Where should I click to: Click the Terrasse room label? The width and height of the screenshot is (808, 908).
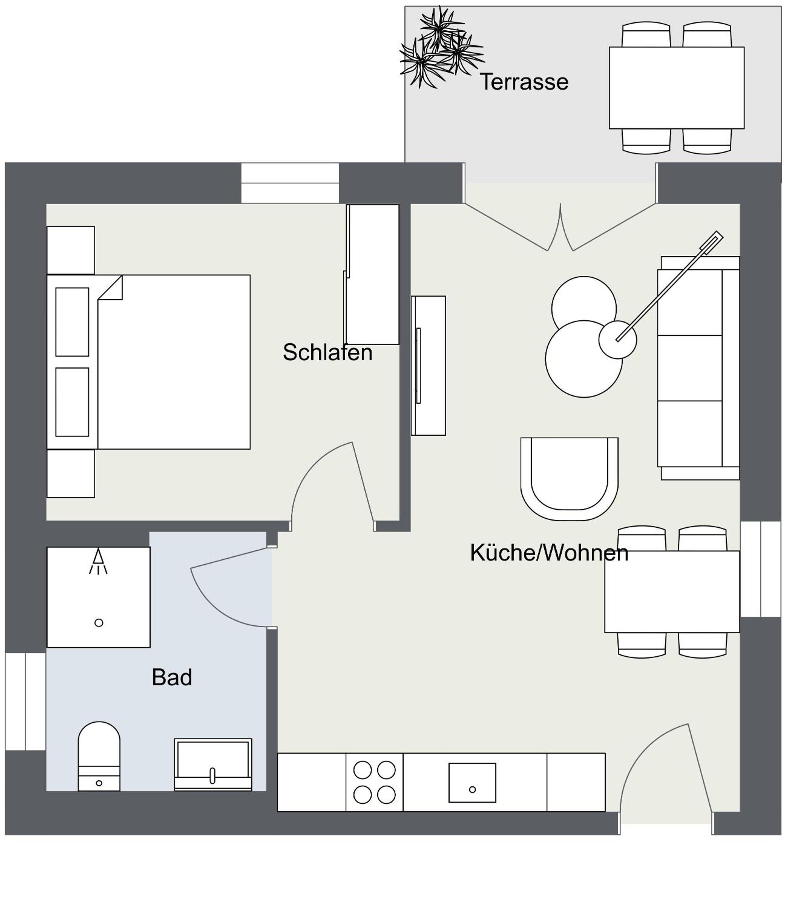524,82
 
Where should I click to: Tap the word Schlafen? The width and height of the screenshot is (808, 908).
327,353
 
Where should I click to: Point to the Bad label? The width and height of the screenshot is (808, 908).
172,677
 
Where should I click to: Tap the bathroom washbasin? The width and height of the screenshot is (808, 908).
213,765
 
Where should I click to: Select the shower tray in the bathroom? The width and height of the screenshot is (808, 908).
99,597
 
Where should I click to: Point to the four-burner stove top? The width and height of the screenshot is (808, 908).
374,782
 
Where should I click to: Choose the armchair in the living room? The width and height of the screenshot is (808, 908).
570,479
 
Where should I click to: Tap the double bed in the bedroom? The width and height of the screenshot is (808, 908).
149,362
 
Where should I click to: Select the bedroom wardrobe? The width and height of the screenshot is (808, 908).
372,275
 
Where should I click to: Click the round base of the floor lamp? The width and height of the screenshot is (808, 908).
617,340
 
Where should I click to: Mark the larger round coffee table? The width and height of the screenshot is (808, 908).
584,359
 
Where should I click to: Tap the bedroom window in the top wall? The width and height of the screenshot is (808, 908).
290,183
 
